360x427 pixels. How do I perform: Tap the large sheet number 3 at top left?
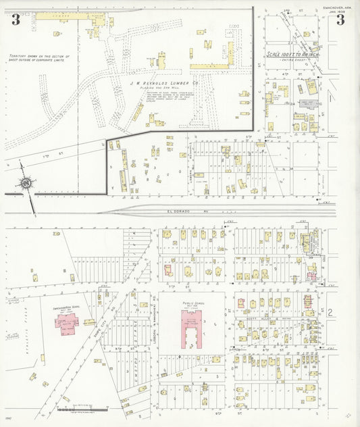click(x=15, y=20)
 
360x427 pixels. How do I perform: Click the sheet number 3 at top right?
click(x=340, y=20)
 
